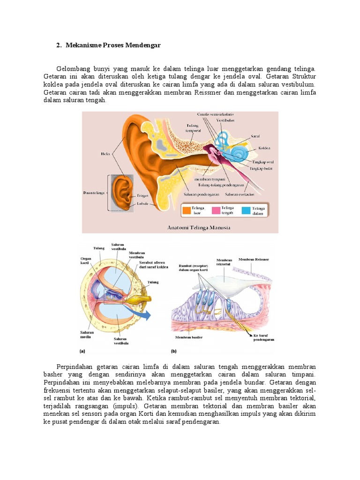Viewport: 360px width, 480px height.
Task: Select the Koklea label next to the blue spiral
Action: tap(264, 148)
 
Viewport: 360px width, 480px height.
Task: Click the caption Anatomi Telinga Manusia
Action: tap(199, 228)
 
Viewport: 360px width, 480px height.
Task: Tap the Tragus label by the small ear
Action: tap(143, 195)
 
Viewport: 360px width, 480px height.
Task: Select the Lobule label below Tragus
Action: tap(143, 203)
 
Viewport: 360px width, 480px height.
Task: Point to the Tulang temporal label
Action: tap(193, 128)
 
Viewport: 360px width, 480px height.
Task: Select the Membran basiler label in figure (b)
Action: tap(189, 337)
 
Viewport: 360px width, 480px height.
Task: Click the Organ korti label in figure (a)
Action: tap(85, 260)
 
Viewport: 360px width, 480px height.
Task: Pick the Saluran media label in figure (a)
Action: tap(87, 335)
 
